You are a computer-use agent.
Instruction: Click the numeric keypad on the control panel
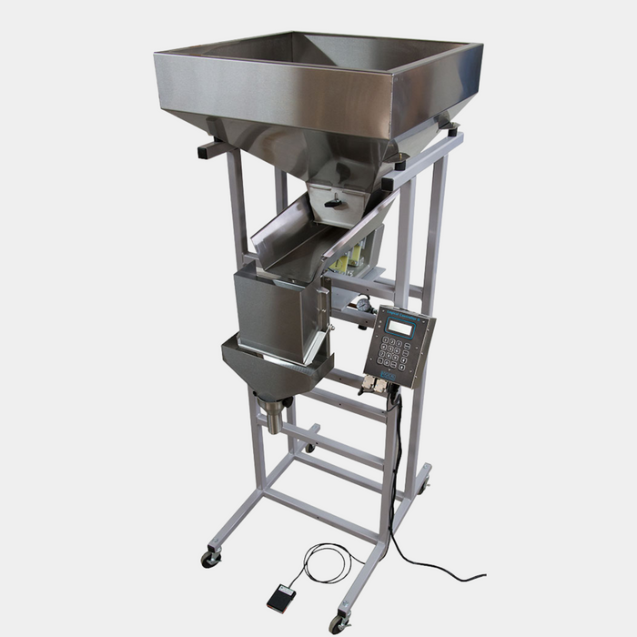[394, 351]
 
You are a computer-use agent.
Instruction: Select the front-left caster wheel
[210, 557]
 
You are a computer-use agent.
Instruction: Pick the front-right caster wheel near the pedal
[339, 622]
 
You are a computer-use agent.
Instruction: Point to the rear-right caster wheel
[422, 486]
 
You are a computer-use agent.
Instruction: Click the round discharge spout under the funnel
[272, 420]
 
